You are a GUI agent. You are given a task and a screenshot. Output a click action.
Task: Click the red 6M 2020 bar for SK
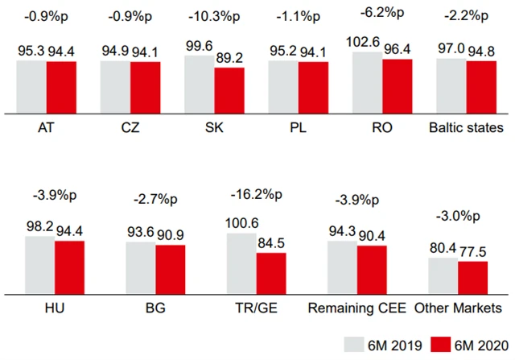tap(229, 90)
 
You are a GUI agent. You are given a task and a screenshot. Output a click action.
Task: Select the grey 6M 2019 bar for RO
tap(367, 81)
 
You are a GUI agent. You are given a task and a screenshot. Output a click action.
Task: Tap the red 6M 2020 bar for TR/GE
tap(270, 272)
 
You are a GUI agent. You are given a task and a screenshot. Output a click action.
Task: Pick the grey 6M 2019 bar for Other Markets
tap(443, 275)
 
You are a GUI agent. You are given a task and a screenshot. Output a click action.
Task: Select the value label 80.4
tap(442, 248)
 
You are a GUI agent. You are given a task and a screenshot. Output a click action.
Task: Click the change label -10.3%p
tap(213, 16)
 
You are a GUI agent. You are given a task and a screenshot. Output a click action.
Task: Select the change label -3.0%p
tap(459, 215)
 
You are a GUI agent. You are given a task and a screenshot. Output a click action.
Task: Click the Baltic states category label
tap(467, 128)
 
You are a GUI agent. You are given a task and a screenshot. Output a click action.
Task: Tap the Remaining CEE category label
tap(356, 308)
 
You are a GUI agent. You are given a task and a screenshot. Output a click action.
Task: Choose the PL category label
tap(298, 128)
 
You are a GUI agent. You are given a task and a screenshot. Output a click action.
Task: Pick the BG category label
tap(155, 308)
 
